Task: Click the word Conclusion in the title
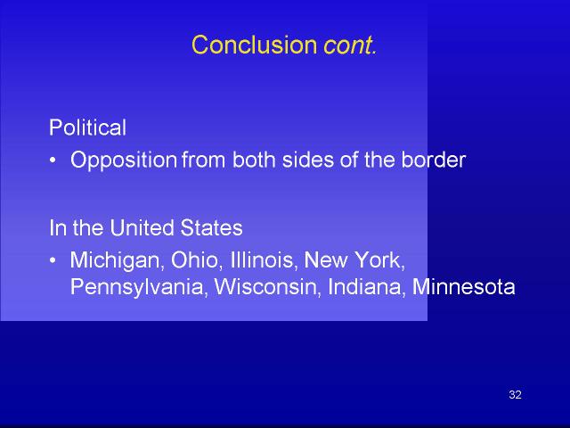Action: (x=254, y=45)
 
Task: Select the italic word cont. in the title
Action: (x=350, y=45)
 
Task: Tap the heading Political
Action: (x=87, y=128)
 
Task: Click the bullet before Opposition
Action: (x=53, y=160)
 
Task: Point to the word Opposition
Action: (x=124, y=160)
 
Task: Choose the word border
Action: (x=434, y=160)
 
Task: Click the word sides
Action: (x=308, y=160)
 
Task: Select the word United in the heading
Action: (x=142, y=228)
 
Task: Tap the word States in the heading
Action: (x=211, y=228)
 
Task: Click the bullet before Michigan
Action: (x=53, y=260)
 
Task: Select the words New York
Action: (x=354, y=260)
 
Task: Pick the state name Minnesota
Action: (x=464, y=287)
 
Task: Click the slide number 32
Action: (x=515, y=394)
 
